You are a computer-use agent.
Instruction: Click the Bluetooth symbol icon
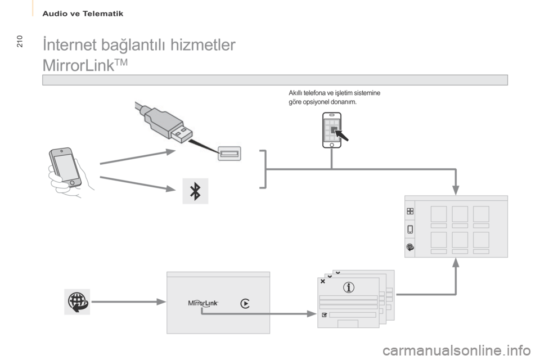pos(195,191)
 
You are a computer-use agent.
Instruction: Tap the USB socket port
pos(229,154)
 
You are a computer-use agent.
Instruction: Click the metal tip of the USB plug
pos(180,134)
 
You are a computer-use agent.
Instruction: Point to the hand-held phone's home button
pos(73,183)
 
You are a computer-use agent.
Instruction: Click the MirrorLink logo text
pos(203,303)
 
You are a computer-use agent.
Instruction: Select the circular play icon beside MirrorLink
pos(245,304)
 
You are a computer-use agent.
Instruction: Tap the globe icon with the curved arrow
pos(78,301)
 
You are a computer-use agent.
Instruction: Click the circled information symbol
pos(349,287)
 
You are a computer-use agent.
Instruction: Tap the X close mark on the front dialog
pos(323,281)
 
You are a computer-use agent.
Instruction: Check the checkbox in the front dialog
pos(324,315)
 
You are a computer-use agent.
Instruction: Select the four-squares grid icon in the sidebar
pos(410,211)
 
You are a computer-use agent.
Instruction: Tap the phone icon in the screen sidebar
pos(410,229)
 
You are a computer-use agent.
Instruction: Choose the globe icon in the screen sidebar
pos(410,247)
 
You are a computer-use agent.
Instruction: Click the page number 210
pos(19,41)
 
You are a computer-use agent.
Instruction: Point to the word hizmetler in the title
pos(203,45)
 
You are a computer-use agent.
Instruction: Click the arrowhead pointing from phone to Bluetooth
pos(171,188)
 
